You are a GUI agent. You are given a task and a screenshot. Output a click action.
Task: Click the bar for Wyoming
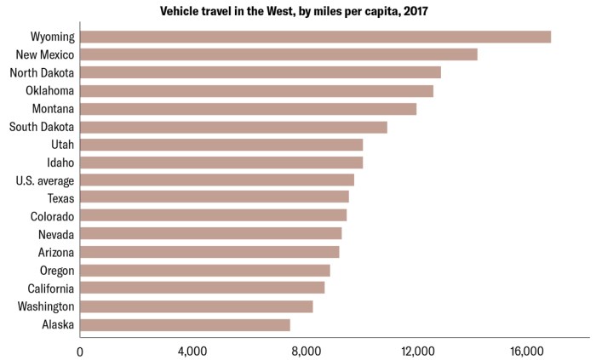[x=315, y=37]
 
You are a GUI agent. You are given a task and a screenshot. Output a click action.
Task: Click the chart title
[x=297, y=12]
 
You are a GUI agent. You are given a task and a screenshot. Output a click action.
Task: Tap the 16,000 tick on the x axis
[x=527, y=351]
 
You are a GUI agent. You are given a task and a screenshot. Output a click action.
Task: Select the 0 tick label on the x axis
[x=81, y=351]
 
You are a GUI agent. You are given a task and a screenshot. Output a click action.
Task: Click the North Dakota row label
[x=42, y=72]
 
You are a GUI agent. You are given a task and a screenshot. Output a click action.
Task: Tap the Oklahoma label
[x=49, y=90]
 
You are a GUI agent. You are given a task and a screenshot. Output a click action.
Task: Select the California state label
[x=49, y=289]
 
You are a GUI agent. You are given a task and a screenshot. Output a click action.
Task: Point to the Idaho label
[x=60, y=163]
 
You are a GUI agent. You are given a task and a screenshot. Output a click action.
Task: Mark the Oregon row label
[x=56, y=271]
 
